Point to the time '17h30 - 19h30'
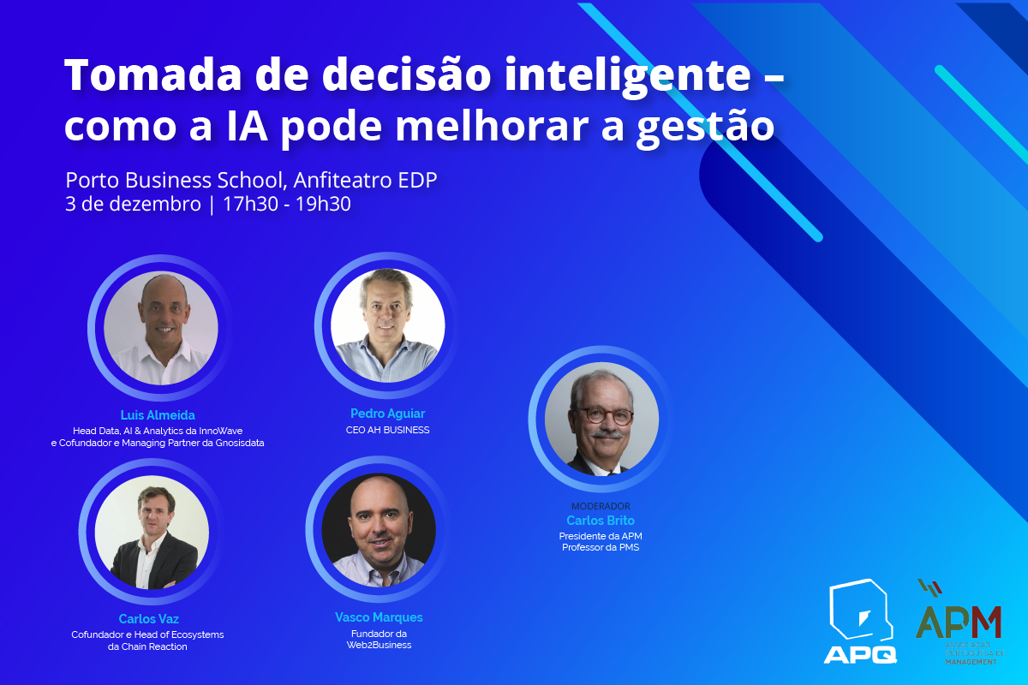286,205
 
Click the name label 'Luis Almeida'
158,415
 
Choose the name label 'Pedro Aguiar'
387,414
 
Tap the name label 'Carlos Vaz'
149,619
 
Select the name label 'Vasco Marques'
379,617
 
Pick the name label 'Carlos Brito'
601,521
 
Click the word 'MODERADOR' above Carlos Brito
601,506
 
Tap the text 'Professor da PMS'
601,547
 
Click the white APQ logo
860,621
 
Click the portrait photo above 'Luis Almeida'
161,328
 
